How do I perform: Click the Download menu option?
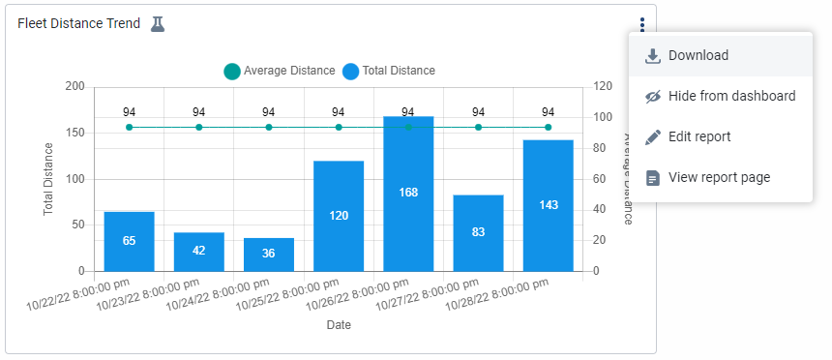pos(698,56)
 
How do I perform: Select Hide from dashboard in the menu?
pos(731,96)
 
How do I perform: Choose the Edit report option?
pos(698,136)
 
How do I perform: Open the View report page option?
pos(719,177)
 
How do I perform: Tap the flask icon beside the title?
pos(158,23)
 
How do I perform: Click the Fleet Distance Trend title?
pos(78,23)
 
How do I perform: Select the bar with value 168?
pos(408,194)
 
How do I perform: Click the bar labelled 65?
pos(129,241)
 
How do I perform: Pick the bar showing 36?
pos(269,254)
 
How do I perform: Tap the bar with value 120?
pos(339,216)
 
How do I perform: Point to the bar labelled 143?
pos(548,205)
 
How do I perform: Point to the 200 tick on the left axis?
pos(74,86)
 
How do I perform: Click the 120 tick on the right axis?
pos(603,86)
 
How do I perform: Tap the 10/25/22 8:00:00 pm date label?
pos(294,295)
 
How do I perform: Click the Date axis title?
pos(339,325)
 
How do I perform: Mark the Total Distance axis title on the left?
pos(48,179)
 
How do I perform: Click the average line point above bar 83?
pos(478,127)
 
